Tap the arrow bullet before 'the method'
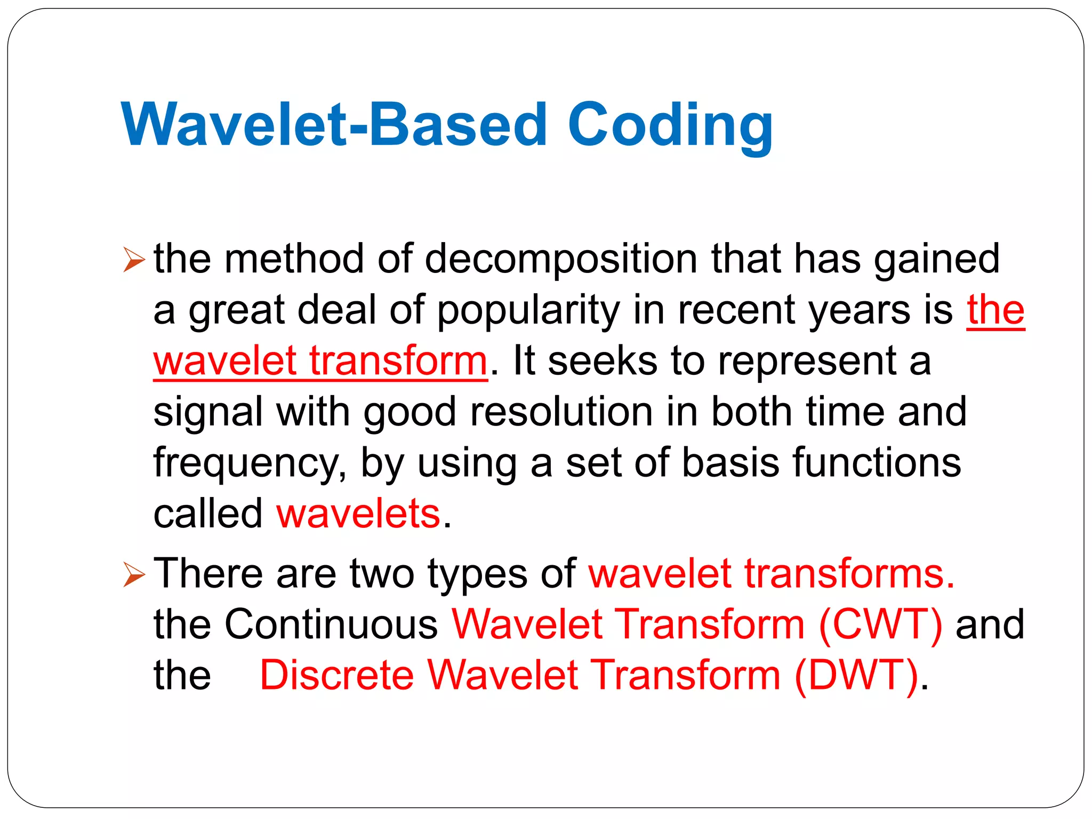click(x=133, y=260)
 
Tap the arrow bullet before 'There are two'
click(x=133, y=575)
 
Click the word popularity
click(x=528, y=310)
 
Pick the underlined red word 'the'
click(x=995, y=310)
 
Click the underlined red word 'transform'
click(x=398, y=361)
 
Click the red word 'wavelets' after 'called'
click(x=358, y=513)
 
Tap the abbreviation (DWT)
click(x=856, y=675)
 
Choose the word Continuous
click(x=331, y=624)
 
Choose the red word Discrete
click(x=336, y=675)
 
